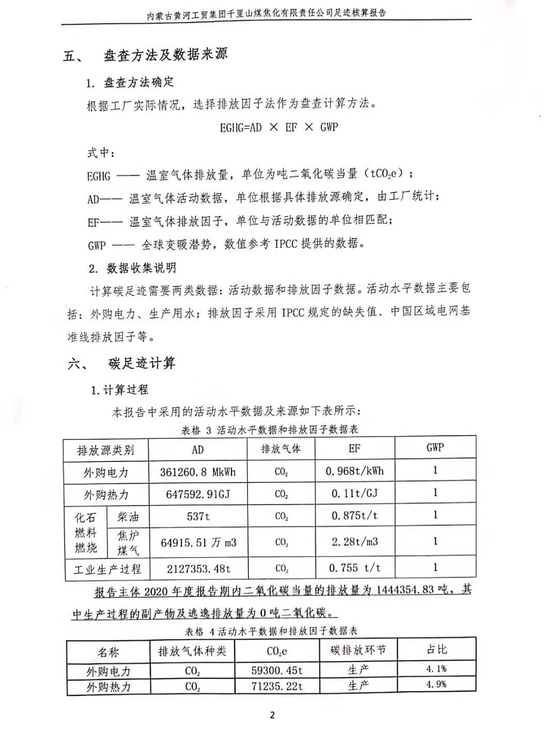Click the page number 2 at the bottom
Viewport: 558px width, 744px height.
coord(272,715)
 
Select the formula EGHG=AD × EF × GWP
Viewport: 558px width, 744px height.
coord(278,127)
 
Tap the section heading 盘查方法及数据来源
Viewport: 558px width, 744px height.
coord(165,55)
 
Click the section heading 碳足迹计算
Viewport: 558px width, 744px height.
coord(142,363)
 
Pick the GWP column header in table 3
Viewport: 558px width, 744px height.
coord(435,448)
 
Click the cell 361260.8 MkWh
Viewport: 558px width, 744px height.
coord(197,472)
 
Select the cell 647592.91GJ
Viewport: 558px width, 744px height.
coord(197,495)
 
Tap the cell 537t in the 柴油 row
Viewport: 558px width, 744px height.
coord(198,516)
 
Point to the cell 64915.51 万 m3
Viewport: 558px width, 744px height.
coord(198,543)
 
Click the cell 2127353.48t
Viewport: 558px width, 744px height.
coord(198,569)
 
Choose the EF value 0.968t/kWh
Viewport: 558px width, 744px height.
coord(354,471)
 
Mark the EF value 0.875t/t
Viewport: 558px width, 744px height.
coord(354,516)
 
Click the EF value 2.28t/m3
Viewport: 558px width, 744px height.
coord(354,542)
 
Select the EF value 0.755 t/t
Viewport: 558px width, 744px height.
coord(354,568)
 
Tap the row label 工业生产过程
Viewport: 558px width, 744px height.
coord(107,569)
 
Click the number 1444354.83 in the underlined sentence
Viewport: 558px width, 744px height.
coord(405,590)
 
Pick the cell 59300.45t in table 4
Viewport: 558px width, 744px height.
coord(277,671)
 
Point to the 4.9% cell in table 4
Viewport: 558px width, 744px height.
coord(436,685)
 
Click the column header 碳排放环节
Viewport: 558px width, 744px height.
coord(358,650)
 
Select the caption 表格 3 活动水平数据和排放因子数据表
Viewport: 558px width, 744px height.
coord(269,430)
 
